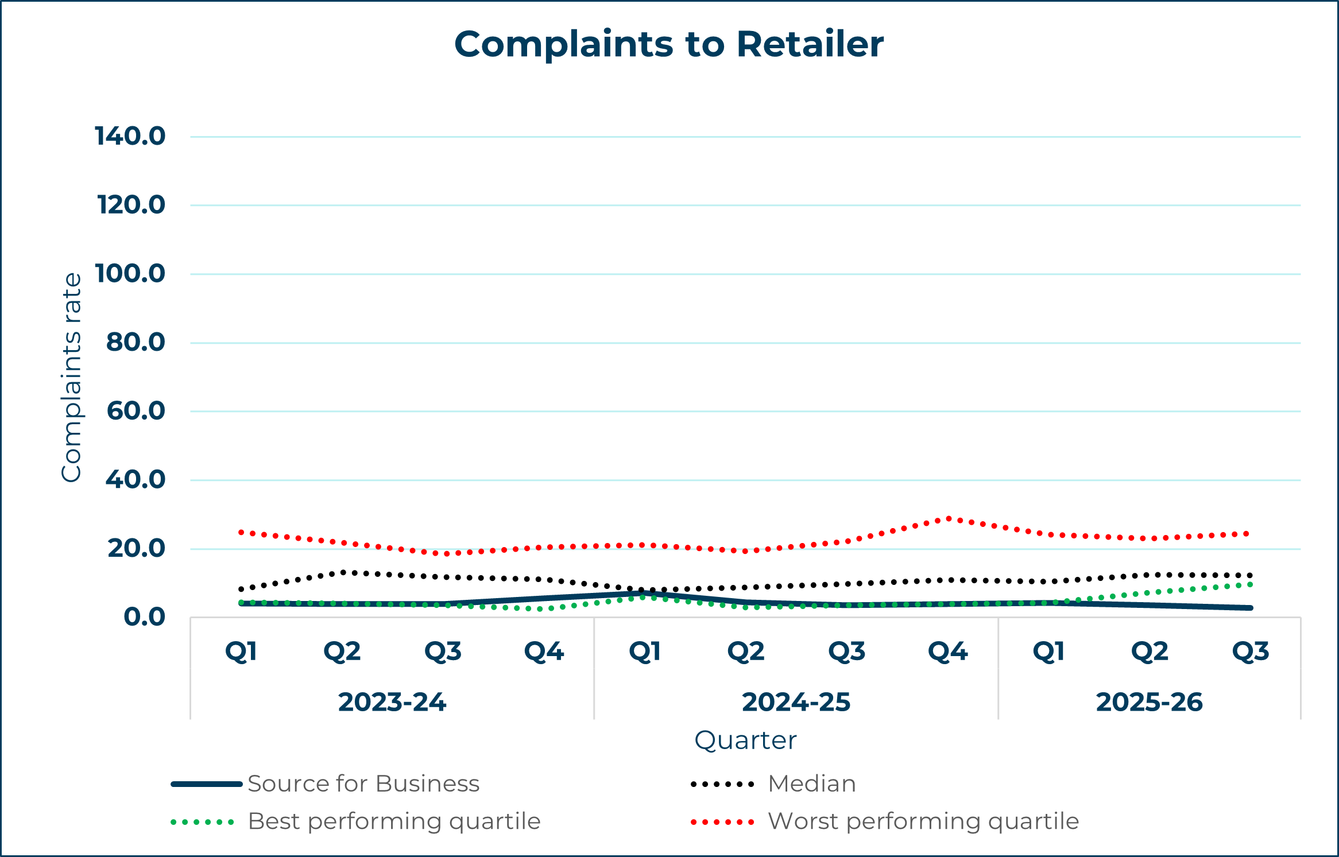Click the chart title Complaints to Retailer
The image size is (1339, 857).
click(669, 44)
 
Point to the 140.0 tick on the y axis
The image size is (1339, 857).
click(130, 137)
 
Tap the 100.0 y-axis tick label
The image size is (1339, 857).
click(130, 274)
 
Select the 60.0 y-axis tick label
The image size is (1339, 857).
click(136, 411)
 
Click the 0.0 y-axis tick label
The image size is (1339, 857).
click(145, 617)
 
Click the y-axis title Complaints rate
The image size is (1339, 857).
click(72, 377)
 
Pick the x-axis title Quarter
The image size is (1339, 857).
click(745, 740)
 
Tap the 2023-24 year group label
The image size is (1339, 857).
click(392, 702)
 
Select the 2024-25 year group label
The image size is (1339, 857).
click(796, 702)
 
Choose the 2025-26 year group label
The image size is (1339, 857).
click(1149, 702)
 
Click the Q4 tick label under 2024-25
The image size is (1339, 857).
click(948, 652)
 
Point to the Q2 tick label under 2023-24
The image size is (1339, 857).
click(342, 652)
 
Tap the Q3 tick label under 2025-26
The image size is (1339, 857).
click(1251, 652)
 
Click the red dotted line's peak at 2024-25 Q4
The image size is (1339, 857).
click(949, 519)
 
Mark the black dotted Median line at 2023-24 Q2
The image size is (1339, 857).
click(343, 572)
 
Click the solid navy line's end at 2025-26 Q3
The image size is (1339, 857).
click(1251, 608)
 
